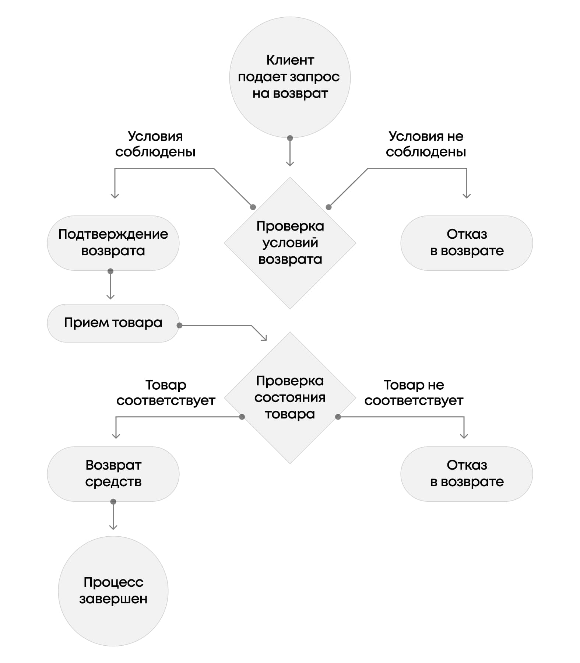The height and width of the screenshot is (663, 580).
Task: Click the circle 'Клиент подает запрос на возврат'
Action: point(290,77)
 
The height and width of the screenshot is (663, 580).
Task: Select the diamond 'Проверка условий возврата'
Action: point(290,243)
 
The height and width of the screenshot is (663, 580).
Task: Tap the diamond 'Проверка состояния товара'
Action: point(290,398)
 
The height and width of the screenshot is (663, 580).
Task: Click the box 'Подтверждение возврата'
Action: point(113,243)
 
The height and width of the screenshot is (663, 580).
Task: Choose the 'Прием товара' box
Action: point(113,323)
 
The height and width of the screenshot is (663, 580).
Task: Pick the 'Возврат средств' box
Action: point(113,474)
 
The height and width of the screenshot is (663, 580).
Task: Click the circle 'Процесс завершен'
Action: point(113,591)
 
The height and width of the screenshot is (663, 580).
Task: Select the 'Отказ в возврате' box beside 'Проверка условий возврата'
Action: point(467,243)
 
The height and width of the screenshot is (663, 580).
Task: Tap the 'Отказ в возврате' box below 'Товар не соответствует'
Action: point(467,474)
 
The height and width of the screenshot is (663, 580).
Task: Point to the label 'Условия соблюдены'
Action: point(155,144)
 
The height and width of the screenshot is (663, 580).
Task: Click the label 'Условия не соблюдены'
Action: point(426,144)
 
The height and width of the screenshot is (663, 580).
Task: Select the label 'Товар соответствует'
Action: point(166,393)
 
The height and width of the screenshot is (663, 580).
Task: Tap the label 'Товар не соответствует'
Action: point(414,393)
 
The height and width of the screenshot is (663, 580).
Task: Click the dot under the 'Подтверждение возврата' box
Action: point(110,271)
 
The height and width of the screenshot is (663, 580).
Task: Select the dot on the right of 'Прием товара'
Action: point(179,326)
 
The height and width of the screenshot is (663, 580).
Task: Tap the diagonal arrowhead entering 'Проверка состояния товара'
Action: point(264,338)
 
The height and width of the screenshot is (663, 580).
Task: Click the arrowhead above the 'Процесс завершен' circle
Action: point(113,527)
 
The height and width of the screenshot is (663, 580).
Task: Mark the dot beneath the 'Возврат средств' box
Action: point(113,502)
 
